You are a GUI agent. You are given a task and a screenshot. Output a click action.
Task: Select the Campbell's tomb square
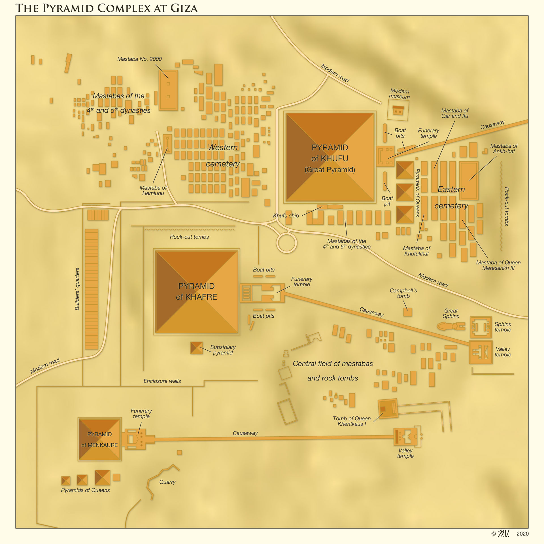(x=407, y=312)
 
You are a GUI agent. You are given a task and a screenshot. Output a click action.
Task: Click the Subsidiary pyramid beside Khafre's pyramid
(x=196, y=348)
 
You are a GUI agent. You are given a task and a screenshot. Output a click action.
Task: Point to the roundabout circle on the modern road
(x=286, y=243)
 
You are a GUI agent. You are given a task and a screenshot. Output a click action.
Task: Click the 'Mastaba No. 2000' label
(x=139, y=59)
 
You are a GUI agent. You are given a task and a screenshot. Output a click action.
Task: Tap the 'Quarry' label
(x=167, y=482)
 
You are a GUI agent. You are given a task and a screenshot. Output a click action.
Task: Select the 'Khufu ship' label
(x=286, y=216)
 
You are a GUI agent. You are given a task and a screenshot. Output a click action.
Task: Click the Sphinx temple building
(x=481, y=327)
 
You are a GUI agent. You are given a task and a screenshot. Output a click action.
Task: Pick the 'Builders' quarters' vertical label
(x=77, y=289)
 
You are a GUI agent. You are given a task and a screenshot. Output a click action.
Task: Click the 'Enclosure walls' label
(x=162, y=381)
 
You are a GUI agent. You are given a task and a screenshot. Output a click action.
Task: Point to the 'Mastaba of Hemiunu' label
(x=153, y=190)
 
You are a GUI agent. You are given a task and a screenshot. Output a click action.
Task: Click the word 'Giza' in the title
(x=184, y=8)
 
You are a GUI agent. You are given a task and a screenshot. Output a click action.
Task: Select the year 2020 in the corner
(x=522, y=534)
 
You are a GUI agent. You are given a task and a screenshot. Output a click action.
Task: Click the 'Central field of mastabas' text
(x=333, y=364)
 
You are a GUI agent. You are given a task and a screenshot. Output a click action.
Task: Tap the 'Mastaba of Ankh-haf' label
(x=504, y=148)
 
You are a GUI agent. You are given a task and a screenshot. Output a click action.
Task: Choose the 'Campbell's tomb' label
(x=403, y=293)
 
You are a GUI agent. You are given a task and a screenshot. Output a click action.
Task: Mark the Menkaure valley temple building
(x=405, y=437)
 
